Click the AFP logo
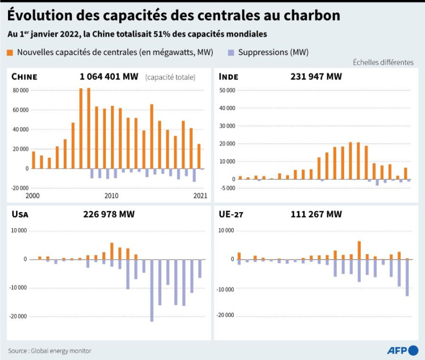pos(403,350)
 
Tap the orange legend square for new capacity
pos(10,53)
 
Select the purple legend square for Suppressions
pos(231,53)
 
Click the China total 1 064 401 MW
pos(109,77)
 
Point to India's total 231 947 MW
pos(316,77)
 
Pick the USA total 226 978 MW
pos(109,214)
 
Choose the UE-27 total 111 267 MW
pos(316,214)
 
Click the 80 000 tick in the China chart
pos(21,90)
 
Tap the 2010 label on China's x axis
pos(112,196)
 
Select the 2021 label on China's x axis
pos(200,196)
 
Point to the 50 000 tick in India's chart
pos(227,90)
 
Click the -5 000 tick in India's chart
pos(227,188)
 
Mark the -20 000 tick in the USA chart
pos(19,316)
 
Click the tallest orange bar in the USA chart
pos(112,251)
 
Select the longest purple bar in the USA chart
pos(152,290)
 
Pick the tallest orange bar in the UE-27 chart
pos(359,250)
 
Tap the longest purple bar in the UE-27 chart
pos(407,278)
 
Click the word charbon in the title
pos(312,15)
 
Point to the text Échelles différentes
pos(383,62)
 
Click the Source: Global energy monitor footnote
pos(49,351)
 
